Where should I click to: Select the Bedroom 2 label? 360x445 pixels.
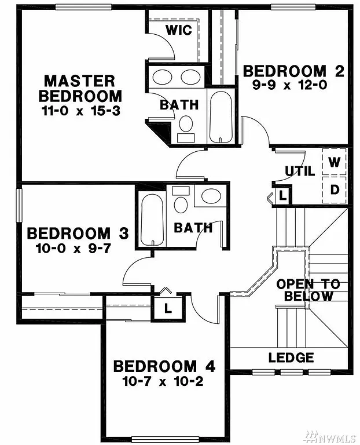tap(293, 71)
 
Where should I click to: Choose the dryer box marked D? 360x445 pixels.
tap(335, 189)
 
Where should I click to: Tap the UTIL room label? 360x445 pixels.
tap(300, 172)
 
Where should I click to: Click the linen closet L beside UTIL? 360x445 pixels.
tap(282, 195)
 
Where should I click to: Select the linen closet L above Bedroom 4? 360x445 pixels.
tap(168, 308)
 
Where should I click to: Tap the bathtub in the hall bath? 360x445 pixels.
tap(152, 219)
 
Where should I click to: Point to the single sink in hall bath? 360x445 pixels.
tap(210, 196)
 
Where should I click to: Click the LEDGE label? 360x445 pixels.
tap(291, 358)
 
